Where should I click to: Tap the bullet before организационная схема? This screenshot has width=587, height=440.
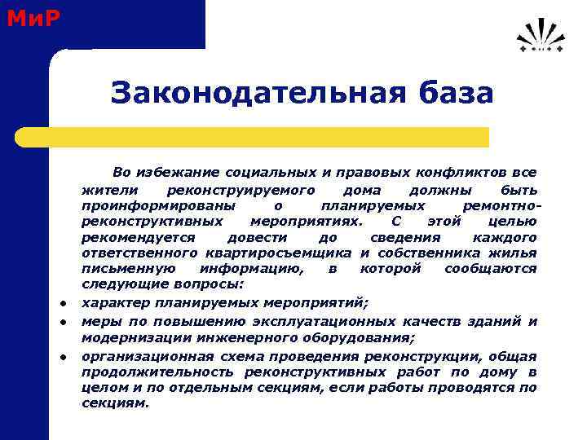click(62, 357)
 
